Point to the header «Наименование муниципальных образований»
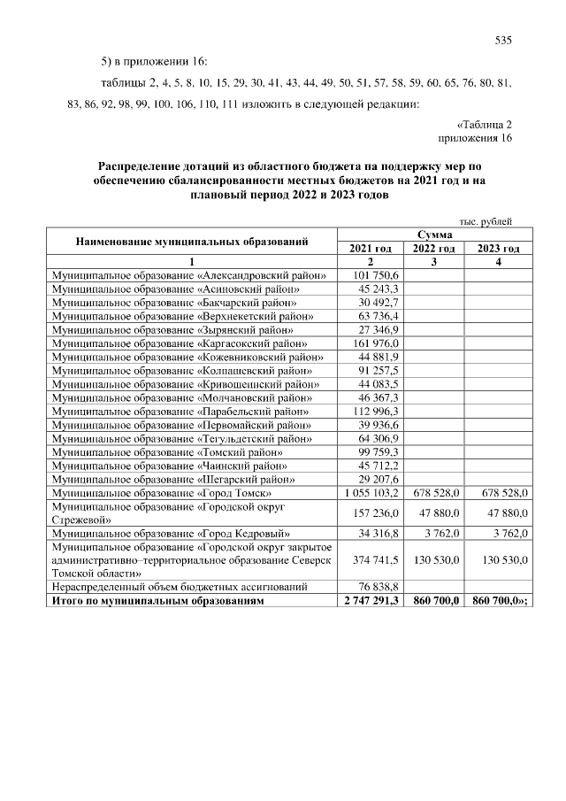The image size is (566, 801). coord(192,241)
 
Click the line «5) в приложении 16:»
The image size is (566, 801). coord(154,61)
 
